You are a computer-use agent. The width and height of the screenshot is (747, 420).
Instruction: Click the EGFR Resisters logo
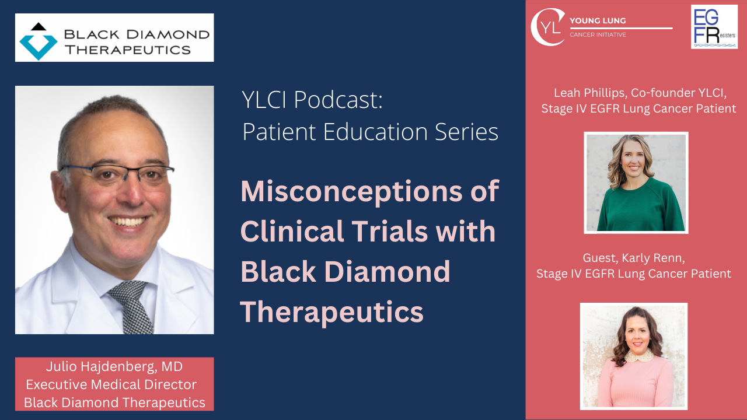pos(714,27)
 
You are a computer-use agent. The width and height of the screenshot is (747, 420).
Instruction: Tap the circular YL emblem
pos(547,27)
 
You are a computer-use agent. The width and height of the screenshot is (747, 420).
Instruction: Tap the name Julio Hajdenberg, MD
pos(114,367)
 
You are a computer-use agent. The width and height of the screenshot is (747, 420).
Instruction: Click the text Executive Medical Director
pos(111,384)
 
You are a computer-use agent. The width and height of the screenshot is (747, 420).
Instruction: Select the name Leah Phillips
pos(593,93)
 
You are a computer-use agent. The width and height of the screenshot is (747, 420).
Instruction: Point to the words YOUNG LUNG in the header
pos(598,21)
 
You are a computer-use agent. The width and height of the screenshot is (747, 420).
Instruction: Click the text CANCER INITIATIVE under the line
pos(598,35)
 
